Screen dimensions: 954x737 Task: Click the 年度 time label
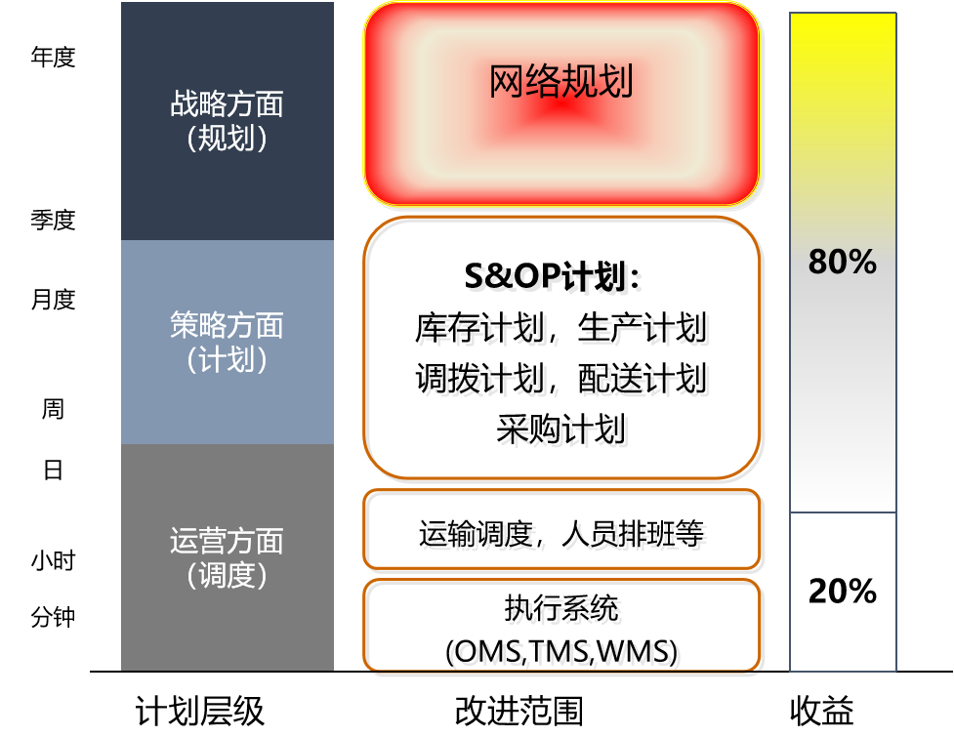point(53,58)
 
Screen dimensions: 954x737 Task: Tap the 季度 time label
point(53,220)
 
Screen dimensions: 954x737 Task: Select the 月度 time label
point(53,299)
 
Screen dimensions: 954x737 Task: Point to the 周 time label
point(53,409)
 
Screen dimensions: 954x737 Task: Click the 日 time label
point(53,470)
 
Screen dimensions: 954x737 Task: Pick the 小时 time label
point(53,560)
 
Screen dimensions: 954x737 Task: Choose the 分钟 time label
point(53,617)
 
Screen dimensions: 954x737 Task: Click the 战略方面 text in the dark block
point(227,104)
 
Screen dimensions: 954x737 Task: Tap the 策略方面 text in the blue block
point(227,325)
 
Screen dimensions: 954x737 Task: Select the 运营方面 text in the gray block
point(227,541)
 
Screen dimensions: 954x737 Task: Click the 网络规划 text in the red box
point(560,81)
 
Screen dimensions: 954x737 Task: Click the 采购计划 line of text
point(560,430)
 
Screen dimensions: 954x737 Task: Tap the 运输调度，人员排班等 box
point(561,529)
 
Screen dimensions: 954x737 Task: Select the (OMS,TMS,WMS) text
point(560,651)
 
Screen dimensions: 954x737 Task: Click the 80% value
point(843,262)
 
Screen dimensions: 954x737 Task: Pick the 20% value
point(843,591)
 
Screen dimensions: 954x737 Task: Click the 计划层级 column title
point(199,711)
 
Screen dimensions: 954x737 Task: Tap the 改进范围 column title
point(518,711)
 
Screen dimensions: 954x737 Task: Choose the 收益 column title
point(822,711)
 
